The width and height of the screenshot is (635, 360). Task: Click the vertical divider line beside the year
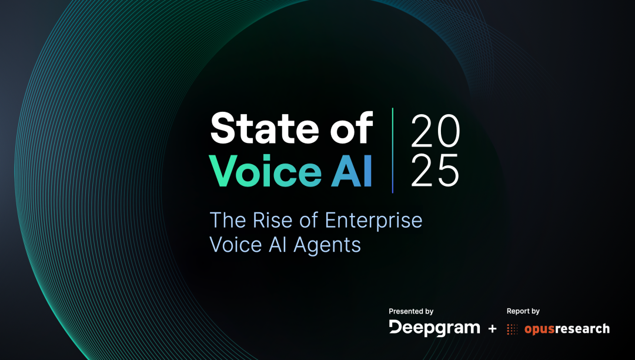click(393, 151)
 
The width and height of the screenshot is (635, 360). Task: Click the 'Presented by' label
click(411, 311)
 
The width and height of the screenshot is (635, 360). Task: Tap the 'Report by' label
click(523, 311)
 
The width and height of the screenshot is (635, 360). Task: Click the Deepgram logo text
click(435, 328)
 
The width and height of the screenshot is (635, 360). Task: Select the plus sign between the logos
click(493, 329)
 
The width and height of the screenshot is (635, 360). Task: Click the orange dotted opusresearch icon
click(513, 329)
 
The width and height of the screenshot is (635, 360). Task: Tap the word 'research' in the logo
click(583, 328)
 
